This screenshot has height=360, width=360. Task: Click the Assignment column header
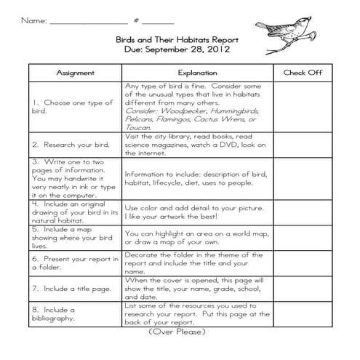click(76, 73)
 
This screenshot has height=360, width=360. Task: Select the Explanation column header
click(197, 73)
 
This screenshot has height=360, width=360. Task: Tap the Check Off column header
click(303, 73)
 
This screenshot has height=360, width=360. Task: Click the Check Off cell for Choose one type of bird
click(303, 106)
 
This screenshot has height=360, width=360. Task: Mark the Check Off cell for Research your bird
click(303, 145)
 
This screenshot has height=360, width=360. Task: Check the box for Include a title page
click(303, 288)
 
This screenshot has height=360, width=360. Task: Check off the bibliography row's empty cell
click(303, 314)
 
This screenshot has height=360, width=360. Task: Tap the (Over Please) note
click(177, 332)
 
